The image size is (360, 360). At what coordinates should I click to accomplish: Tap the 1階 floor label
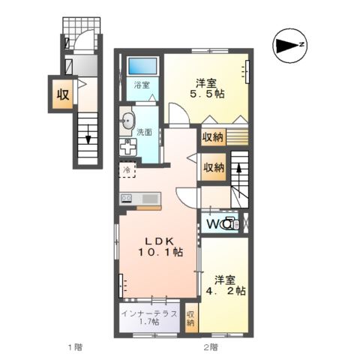click(74, 347)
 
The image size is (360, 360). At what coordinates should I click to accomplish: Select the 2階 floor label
click(210, 347)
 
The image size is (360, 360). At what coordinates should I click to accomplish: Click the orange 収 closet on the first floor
click(62, 94)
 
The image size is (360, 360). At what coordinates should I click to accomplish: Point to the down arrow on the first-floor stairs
click(88, 137)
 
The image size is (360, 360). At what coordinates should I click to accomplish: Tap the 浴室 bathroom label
click(142, 85)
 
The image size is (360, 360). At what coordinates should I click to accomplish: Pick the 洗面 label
click(145, 133)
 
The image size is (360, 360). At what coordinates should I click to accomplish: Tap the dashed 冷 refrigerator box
click(127, 170)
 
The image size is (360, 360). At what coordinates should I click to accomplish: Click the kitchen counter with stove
click(139, 199)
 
